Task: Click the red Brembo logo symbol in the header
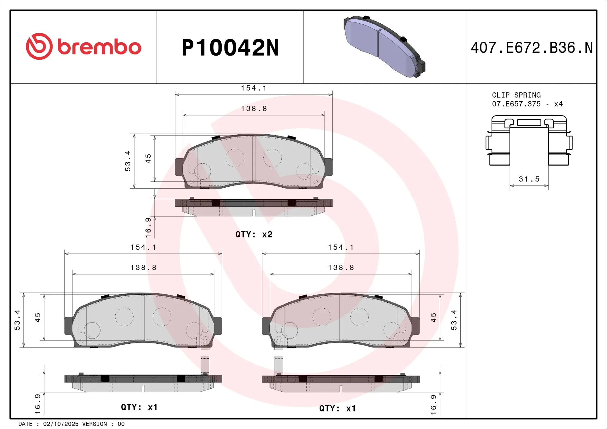39,46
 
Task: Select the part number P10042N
230,48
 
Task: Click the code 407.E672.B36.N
531,48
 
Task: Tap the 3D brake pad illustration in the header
384,46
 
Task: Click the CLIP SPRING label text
516,95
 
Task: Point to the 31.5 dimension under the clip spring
529,179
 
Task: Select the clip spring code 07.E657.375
516,104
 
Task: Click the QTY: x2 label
254,234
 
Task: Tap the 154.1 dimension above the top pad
254,88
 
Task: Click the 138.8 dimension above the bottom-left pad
143,268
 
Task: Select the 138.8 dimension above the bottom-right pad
341,268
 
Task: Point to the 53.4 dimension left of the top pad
127,161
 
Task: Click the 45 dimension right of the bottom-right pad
433,317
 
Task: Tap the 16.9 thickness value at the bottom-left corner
37,404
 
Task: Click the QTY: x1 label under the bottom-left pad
139,407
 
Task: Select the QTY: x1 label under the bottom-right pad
337,408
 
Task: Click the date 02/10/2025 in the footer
61,424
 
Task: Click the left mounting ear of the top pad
179,167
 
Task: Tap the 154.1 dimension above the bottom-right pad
341,247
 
